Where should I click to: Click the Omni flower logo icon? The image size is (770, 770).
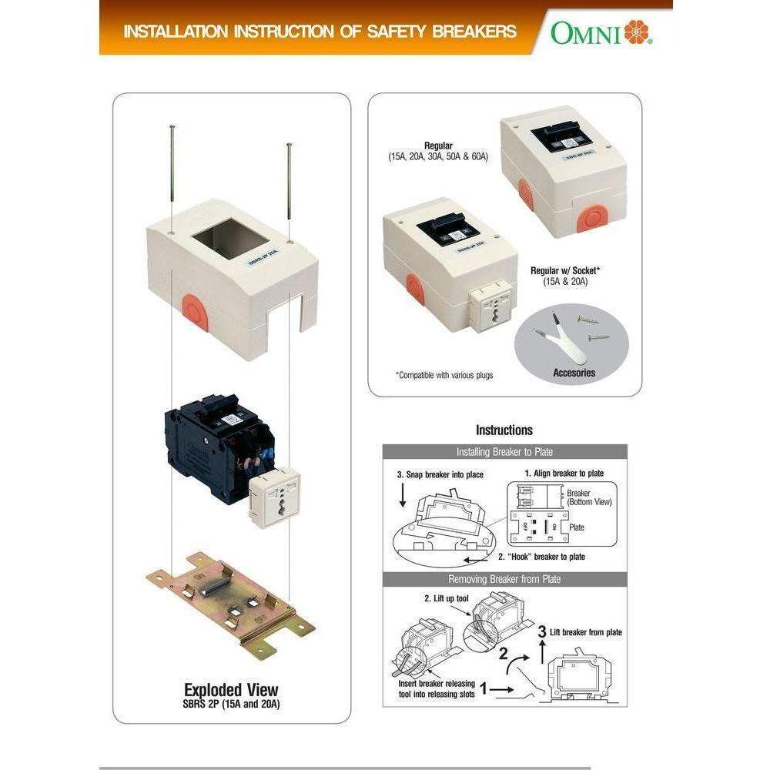click(637, 32)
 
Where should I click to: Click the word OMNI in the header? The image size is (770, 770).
click(585, 33)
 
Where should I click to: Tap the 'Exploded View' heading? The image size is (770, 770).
click(231, 689)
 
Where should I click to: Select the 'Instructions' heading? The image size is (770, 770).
click(504, 430)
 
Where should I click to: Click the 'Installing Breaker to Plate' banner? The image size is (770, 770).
click(504, 452)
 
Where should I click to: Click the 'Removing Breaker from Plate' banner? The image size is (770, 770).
click(504, 579)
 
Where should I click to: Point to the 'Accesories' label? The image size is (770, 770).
click(574, 373)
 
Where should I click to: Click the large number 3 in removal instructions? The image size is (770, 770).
click(542, 631)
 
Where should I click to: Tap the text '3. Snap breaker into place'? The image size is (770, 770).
click(440, 475)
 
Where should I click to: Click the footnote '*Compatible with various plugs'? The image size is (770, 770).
click(444, 376)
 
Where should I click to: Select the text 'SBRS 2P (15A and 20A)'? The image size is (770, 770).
click(231, 704)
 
